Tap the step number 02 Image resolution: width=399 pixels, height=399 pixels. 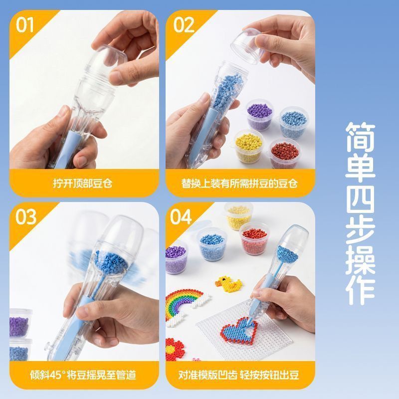click(x=184, y=25)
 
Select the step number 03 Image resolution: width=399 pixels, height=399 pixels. click(x=26, y=217)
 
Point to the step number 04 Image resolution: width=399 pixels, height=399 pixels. click(x=181, y=217)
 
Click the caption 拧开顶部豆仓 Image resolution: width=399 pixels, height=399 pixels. click(x=83, y=183)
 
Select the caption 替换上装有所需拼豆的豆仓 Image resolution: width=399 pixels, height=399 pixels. click(x=239, y=183)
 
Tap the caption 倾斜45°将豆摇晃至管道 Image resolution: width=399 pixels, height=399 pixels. click(x=83, y=375)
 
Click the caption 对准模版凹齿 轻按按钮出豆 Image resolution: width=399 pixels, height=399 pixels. click(x=238, y=375)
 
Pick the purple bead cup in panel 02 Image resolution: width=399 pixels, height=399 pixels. click(x=260, y=114)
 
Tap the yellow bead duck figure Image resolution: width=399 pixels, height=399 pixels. click(x=228, y=284)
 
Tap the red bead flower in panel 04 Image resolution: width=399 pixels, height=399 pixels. click(x=175, y=349)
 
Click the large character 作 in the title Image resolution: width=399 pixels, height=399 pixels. click(x=360, y=290)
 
